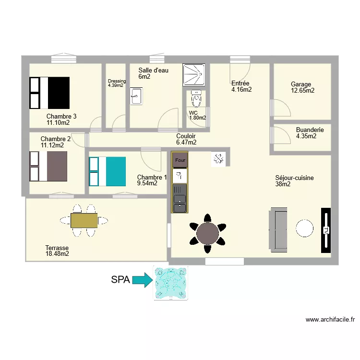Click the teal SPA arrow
(x=142, y=280)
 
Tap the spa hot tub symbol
(x=170, y=283)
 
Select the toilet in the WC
(x=196, y=99)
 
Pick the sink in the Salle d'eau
(x=136, y=96)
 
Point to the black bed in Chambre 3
(x=50, y=93)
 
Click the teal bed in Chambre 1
(x=108, y=171)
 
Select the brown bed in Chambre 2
(x=48, y=166)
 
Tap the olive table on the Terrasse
(x=84, y=220)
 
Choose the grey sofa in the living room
(x=279, y=229)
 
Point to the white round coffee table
(x=305, y=228)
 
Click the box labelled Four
(x=180, y=160)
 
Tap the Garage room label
(x=301, y=84)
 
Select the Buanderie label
(x=310, y=130)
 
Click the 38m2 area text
(x=282, y=184)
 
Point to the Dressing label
(x=117, y=81)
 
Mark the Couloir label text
(x=186, y=136)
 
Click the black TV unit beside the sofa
(x=326, y=230)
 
